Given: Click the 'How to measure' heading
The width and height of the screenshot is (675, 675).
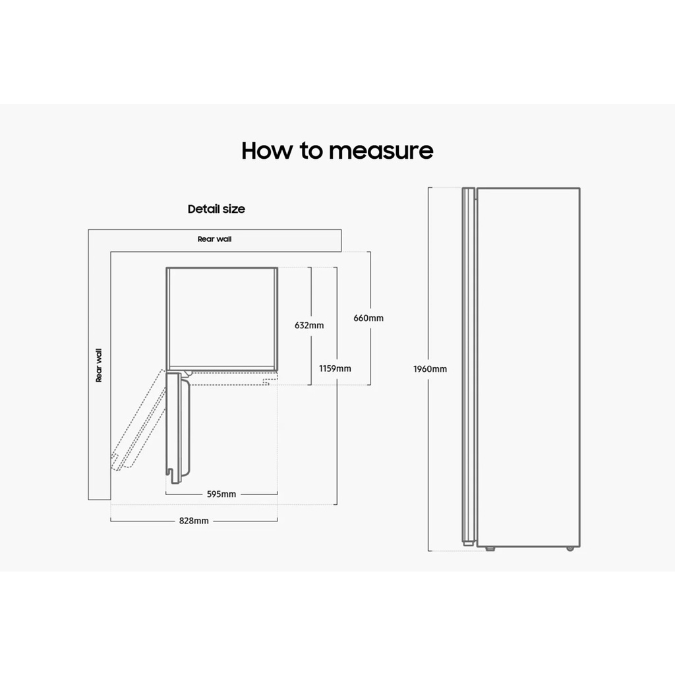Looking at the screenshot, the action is pos(337,151).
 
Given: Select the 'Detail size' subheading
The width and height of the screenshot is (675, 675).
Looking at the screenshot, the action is pos(216,209).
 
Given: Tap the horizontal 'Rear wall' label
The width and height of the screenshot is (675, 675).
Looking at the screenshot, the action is pos(214,239).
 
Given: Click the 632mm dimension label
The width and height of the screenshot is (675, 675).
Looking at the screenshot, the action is pos(308,325).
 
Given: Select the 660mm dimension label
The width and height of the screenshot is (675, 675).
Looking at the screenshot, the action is pos(368,318).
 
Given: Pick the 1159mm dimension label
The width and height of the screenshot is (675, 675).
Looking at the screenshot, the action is pos(335,368).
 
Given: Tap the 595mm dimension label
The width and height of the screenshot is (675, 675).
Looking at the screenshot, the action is pos(221,494).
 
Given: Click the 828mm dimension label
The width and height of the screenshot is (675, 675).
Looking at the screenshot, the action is pos(194,520).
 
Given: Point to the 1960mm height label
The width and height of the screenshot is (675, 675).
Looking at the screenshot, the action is pos(430,369).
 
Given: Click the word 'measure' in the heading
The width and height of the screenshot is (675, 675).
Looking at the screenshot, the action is pos(381,151).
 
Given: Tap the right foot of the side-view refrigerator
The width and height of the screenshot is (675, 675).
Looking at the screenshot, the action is pos(570,548).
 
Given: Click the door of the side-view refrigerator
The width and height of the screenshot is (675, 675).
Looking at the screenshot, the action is pos(468,367).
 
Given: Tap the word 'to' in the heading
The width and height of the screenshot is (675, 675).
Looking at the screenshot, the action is pos(312,151).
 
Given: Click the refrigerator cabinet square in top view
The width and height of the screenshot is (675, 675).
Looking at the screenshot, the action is pos(221,318).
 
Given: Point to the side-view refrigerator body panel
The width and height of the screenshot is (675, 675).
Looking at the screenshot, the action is pos(528,367).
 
